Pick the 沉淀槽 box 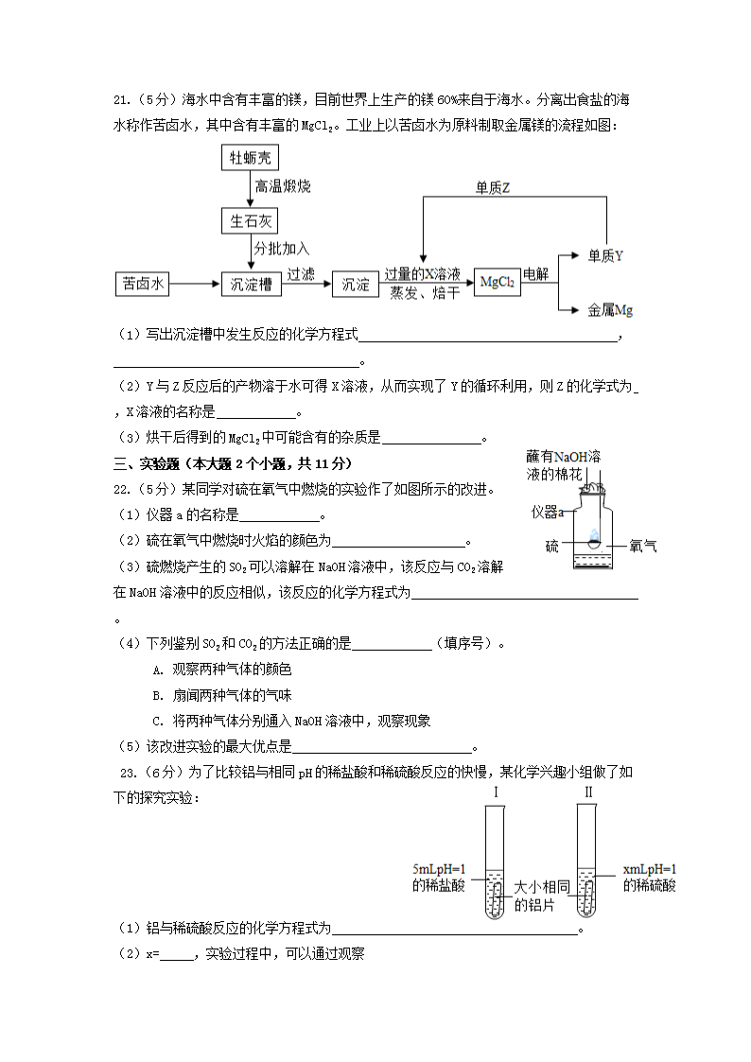point(252,284)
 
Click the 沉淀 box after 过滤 point(356,284)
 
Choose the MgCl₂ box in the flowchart point(497,283)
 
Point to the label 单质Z point(493,188)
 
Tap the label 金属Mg point(610,309)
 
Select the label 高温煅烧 point(283,187)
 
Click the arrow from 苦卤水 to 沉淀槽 point(195,284)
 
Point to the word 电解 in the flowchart point(536,274)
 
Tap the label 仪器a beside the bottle point(548,513)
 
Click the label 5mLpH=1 point(440,868)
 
